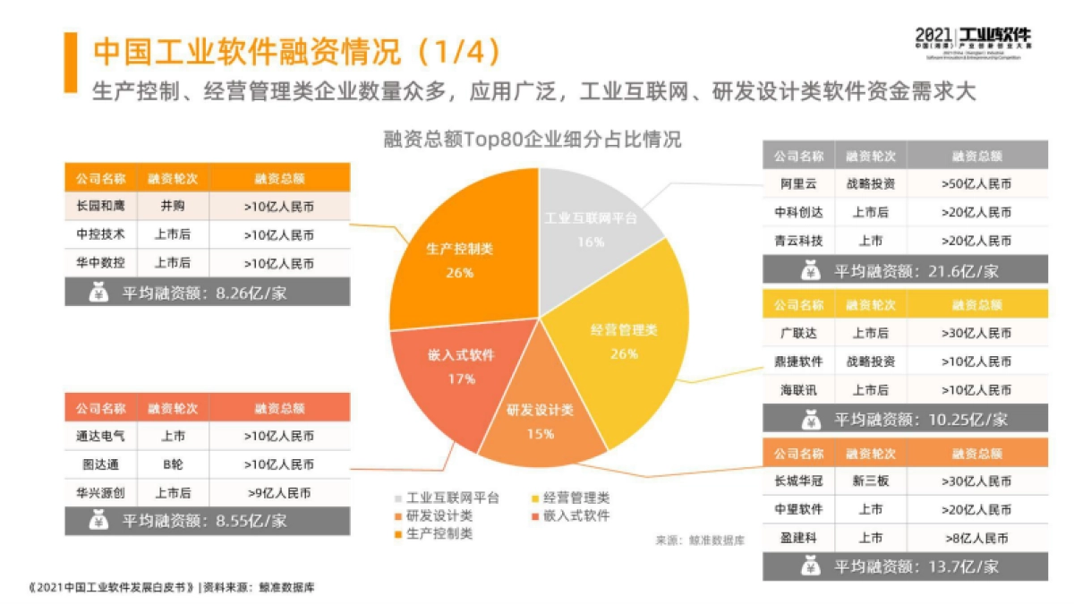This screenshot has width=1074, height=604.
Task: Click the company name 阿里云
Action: [x=798, y=184]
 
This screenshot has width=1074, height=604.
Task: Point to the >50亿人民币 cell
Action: [x=976, y=184]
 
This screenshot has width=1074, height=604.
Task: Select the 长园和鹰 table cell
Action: [x=100, y=207]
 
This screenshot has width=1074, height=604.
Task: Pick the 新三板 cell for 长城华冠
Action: [x=870, y=481]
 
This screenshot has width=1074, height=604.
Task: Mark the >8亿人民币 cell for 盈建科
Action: [x=976, y=538]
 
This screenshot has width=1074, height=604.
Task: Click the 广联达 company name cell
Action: [x=798, y=333]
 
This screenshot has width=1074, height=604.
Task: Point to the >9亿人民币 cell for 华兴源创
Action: [x=278, y=493]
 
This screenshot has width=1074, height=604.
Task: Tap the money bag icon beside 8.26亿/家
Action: [x=99, y=292]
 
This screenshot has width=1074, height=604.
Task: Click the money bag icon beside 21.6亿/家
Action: [x=811, y=269]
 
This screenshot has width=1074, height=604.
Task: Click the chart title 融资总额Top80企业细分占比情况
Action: [x=532, y=140]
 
